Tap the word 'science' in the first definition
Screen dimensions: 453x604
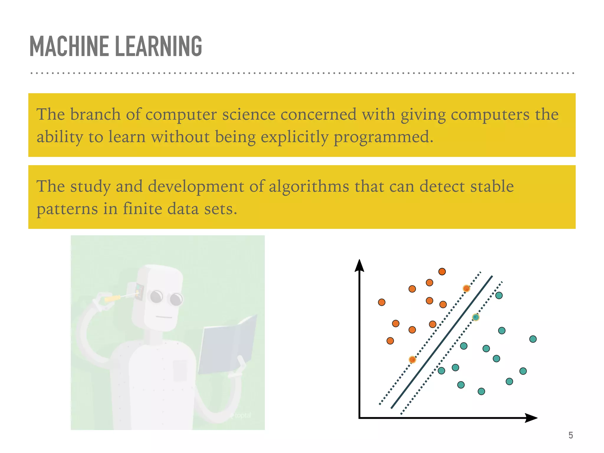coord(249,114)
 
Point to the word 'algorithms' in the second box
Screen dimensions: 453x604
coord(309,186)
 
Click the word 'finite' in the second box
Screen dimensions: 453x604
coord(142,209)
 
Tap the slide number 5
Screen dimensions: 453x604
coord(571,435)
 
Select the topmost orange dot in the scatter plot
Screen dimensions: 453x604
coord(442,271)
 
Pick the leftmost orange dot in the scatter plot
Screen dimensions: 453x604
coord(382,302)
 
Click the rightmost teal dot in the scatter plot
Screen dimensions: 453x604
coord(533,339)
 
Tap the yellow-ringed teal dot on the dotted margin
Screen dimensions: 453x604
coord(476,317)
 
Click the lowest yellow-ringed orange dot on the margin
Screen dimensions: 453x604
coord(412,360)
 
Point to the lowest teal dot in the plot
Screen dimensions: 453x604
coord(481,391)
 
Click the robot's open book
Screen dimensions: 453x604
coord(227,345)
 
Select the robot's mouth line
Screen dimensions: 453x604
coord(164,317)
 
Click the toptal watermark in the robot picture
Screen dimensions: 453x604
coord(242,416)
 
